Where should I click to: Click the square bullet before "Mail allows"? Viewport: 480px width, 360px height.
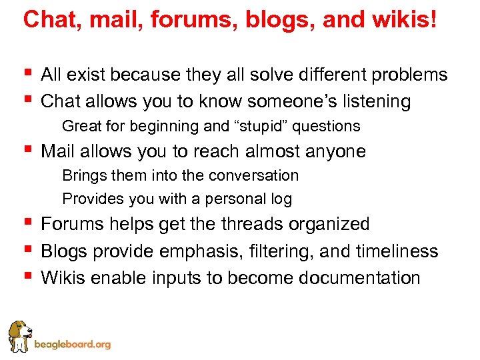27,149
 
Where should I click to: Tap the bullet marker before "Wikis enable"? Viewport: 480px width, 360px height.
27,275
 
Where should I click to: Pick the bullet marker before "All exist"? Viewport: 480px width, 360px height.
27,72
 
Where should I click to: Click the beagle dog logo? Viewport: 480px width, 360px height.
18,337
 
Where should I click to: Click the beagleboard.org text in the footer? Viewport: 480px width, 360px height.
72,345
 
